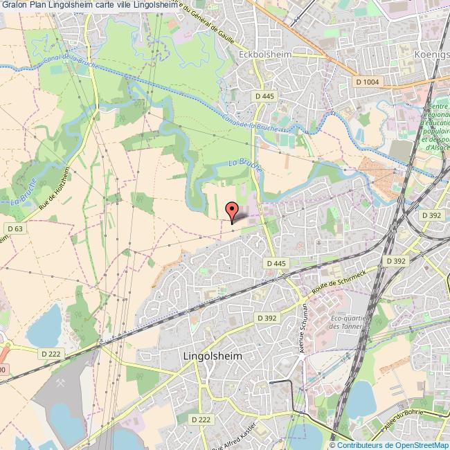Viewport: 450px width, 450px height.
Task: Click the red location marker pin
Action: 233,210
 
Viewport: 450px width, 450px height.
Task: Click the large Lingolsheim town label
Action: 215,357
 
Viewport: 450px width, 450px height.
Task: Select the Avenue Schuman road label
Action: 303,328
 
